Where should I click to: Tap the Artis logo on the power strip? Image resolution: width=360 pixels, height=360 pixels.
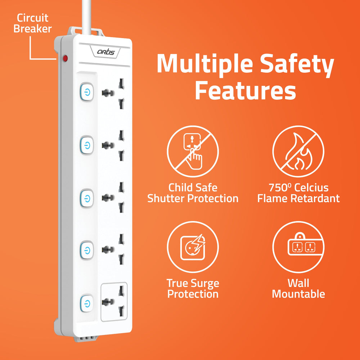tap(106, 53)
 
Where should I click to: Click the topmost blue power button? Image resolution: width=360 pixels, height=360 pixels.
tap(87, 93)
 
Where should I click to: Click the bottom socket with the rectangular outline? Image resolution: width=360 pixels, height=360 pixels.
tap(114, 302)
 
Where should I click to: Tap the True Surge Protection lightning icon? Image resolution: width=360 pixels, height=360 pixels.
tap(193, 247)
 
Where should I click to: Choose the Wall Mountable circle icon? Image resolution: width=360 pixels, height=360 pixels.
tap(298, 247)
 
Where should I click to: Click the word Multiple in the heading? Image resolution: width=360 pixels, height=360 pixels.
tap(204, 64)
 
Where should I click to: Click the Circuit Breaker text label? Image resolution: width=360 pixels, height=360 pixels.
tap(33, 23)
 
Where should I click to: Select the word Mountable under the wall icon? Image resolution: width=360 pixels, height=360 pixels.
tap(298, 294)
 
